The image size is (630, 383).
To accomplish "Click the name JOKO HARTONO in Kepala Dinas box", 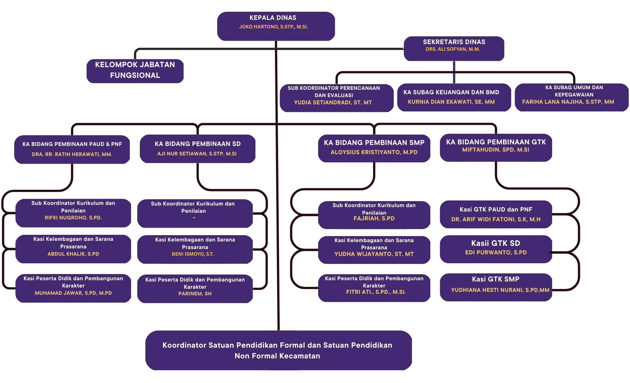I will click(x=273, y=27).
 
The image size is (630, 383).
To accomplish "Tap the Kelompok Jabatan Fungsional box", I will click(x=135, y=70).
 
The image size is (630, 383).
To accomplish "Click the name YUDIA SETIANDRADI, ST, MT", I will click(x=333, y=102).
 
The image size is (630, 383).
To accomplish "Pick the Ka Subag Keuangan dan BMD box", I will click(x=454, y=97).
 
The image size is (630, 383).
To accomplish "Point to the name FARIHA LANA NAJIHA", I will click(x=568, y=102).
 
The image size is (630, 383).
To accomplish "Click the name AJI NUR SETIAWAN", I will click(x=197, y=154).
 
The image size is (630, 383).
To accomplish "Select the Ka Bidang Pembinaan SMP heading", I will click(x=374, y=143).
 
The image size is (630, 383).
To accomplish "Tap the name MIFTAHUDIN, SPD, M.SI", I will click(x=495, y=150).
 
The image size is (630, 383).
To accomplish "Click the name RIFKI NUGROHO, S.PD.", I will click(x=73, y=218).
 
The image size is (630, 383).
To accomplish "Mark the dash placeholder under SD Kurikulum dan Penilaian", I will click(x=194, y=218).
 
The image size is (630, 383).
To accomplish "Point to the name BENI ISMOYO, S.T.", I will click(x=193, y=254).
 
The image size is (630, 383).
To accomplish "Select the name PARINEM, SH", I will click(x=195, y=293).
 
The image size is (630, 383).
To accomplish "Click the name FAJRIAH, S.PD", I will click(x=374, y=218).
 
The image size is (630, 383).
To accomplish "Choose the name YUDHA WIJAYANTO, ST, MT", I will click(x=374, y=254).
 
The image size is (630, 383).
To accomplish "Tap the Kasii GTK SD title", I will click(x=495, y=243).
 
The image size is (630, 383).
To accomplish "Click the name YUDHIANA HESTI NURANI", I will click(x=500, y=290).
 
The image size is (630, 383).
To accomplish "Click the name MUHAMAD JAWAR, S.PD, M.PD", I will click(x=73, y=293).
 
